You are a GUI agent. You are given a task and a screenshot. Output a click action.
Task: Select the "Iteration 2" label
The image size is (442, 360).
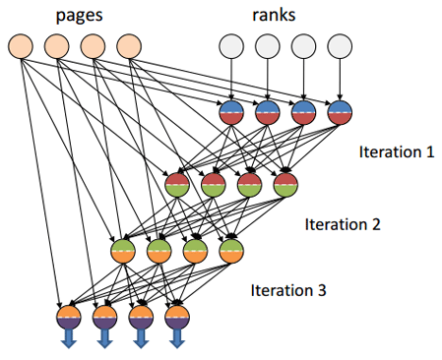click(341, 223)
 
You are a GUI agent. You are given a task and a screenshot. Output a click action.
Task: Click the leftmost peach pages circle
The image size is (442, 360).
click(22, 46)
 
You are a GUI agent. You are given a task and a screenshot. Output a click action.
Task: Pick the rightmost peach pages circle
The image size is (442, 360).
click(128, 46)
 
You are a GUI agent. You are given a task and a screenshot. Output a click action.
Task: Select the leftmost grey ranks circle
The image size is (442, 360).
click(231, 46)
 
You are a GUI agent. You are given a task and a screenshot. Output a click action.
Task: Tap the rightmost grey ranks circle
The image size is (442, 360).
click(340, 46)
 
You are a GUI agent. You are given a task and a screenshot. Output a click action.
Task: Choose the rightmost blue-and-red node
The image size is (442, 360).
click(340, 114)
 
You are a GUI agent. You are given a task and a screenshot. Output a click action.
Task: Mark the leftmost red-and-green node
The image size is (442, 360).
click(178, 183)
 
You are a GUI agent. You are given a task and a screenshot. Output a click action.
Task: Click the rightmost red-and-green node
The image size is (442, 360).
click(285, 183)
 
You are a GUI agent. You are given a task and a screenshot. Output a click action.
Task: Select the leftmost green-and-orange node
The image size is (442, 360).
click(123, 251)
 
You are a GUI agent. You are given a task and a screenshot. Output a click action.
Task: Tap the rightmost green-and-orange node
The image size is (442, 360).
click(231, 251)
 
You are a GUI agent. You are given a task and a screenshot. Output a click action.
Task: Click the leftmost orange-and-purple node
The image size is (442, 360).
click(69, 317)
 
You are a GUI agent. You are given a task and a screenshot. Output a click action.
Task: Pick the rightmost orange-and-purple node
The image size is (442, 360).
click(177, 317)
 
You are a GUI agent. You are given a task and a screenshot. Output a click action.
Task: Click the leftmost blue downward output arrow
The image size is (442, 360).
click(69, 339)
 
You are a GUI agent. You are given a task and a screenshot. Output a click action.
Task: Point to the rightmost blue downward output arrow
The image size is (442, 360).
click(177, 339)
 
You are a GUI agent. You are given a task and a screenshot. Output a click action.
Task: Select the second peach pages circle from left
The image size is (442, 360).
click(57, 46)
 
